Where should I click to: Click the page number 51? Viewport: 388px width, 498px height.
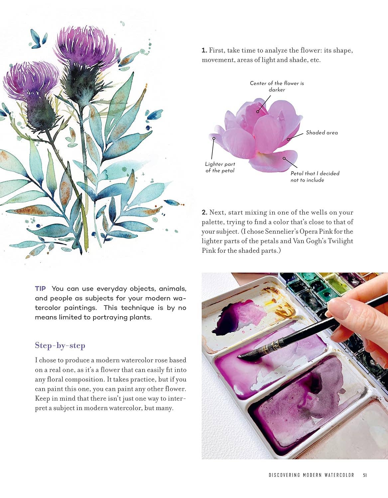pos(365,475)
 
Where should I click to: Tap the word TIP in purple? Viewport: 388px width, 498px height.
pos(41,289)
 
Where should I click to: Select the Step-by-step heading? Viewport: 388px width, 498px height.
pos(60,346)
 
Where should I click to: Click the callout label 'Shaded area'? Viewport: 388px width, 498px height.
pos(322,133)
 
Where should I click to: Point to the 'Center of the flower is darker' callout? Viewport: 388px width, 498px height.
pos(277,86)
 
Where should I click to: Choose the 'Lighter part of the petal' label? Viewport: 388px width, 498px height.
pos(220,167)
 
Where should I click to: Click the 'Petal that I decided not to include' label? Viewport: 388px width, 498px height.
pos(315,177)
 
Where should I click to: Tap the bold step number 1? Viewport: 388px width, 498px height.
pos(204,51)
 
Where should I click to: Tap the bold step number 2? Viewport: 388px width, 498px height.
pos(204,212)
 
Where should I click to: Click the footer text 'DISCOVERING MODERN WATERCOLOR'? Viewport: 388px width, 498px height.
pos(312,475)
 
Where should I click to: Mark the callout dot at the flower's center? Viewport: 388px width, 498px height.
pos(258,112)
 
